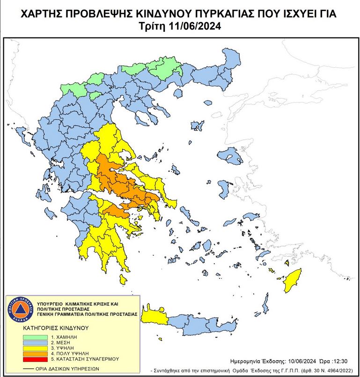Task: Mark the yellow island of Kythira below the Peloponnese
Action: click(123, 280)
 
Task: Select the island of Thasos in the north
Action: click(195, 126)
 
